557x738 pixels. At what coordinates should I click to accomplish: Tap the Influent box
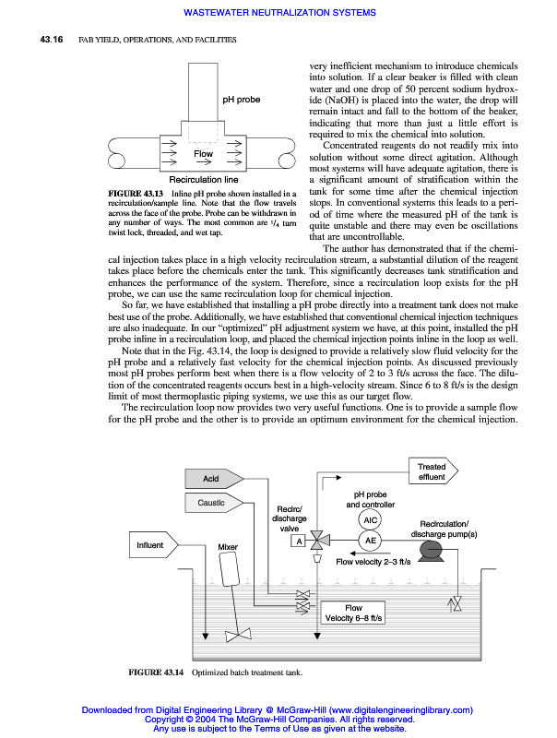(x=150, y=545)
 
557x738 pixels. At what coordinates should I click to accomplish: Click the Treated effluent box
(x=432, y=472)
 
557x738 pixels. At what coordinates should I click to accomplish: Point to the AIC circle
(x=372, y=519)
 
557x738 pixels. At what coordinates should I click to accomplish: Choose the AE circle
(x=372, y=540)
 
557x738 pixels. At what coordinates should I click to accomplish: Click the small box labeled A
(x=299, y=541)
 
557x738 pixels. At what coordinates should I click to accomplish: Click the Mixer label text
(x=228, y=547)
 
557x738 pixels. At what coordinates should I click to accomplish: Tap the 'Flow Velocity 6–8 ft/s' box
(x=353, y=613)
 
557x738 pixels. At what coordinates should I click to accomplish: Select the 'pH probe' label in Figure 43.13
(x=242, y=98)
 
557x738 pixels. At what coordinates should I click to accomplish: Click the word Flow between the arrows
(x=203, y=154)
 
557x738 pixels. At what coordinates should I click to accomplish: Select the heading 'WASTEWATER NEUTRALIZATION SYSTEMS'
(x=280, y=13)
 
